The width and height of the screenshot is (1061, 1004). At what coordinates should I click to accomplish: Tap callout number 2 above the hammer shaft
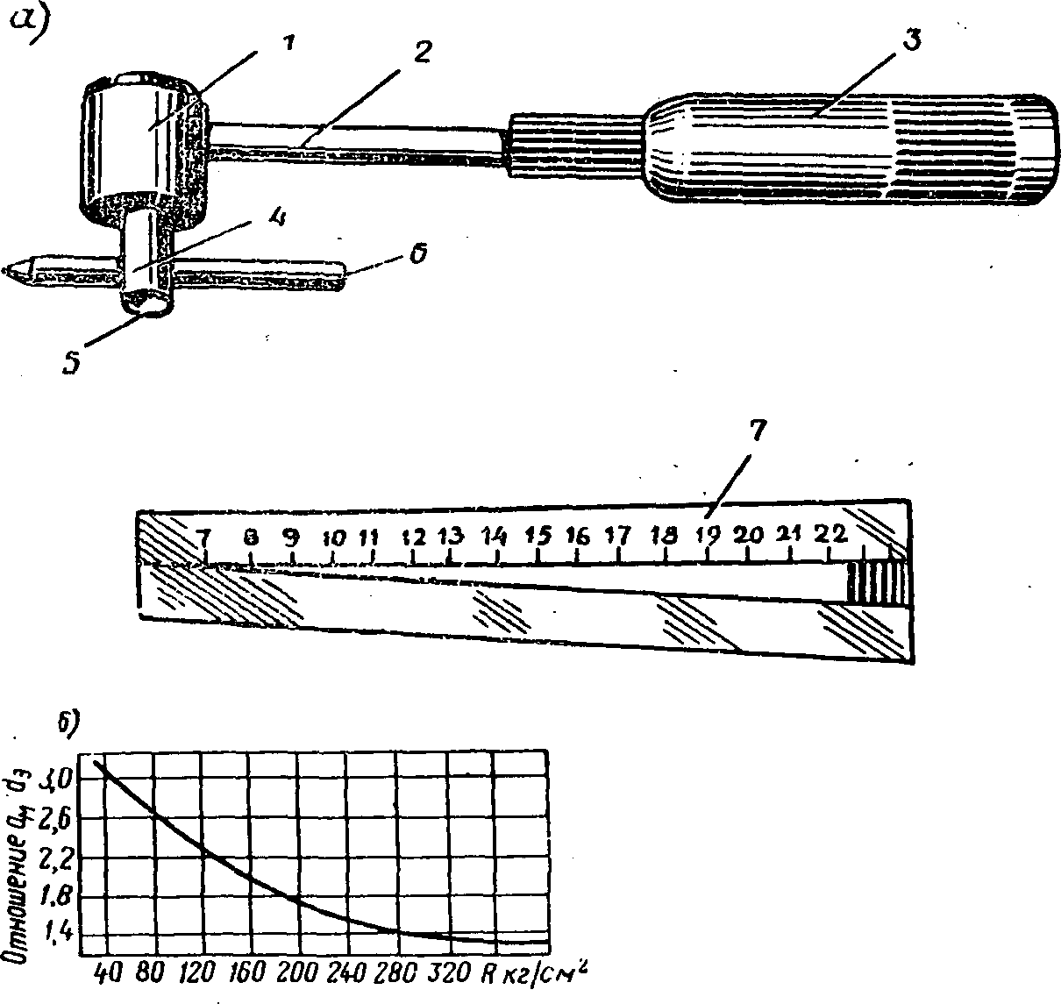click(x=421, y=53)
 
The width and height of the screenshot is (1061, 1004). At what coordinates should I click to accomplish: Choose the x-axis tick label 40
click(x=107, y=973)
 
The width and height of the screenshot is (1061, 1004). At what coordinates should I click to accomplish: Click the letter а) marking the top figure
click(x=28, y=26)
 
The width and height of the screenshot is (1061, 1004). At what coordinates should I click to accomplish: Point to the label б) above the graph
click(x=68, y=724)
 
